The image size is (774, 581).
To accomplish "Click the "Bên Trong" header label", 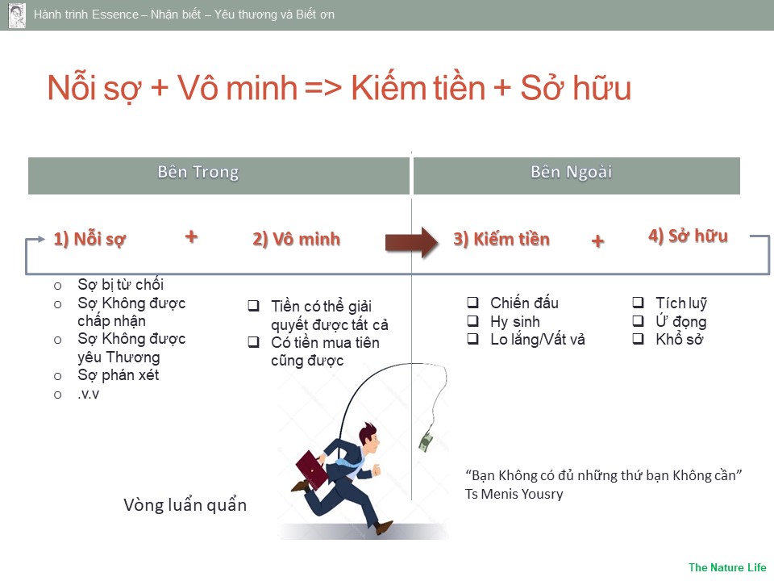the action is point(198,172).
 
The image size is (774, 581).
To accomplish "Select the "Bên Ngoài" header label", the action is point(571,172).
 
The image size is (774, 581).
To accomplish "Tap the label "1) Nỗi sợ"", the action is point(89,239).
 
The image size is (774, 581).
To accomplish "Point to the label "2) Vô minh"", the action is point(296,239).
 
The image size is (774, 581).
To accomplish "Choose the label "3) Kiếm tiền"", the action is point(501,239).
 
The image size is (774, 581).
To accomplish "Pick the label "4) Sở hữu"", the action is point(688,236).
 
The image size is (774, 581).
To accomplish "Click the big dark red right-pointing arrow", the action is point(412,242).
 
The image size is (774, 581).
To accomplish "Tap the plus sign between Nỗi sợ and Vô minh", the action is point(192,236).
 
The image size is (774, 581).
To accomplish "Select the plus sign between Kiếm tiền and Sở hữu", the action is point(597,241).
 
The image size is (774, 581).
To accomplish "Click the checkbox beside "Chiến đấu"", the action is point(473,302).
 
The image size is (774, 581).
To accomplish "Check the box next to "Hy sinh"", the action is point(473,320).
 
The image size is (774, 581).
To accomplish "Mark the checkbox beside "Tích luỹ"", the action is point(639,302).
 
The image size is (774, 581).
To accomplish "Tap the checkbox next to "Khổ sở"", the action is point(639,338).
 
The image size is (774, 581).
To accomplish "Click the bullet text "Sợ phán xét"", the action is point(119,375).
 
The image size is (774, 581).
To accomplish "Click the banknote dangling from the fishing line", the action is point(426,441).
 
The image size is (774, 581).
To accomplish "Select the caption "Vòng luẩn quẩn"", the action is point(185,505).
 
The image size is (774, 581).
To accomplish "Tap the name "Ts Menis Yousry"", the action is point(514,494).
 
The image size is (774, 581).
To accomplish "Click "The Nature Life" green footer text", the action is point(727,567).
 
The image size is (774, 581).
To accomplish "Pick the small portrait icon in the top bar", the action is point(17,15).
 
